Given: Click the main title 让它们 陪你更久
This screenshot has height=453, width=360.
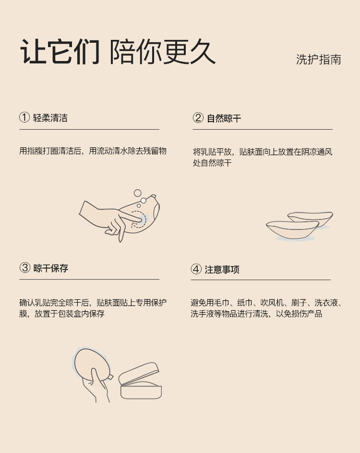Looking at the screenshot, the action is tap(118, 51).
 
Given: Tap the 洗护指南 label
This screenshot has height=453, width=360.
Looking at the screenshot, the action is tap(318, 60).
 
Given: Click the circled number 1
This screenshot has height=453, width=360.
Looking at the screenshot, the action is tap(24, 118).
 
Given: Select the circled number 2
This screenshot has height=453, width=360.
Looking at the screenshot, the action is tap(198, 118).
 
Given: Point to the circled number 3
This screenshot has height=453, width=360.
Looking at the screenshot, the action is tap(25, 268).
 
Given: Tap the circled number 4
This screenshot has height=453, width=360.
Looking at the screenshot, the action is tap(196, 269).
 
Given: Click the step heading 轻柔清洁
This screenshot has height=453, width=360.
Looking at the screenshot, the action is tap(50, 118).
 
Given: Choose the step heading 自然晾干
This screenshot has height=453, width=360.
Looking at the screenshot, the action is tap(224, 118).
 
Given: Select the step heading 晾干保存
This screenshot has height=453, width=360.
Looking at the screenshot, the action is tap(51, 268).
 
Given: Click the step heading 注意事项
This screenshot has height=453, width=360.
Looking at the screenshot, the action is tap(222, 269).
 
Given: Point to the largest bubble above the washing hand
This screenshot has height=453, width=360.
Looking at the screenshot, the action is tap(137, 193).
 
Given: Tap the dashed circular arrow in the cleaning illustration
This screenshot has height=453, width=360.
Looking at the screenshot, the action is tap(138, 220).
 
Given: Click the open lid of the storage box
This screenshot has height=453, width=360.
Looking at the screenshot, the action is tap(139, 374).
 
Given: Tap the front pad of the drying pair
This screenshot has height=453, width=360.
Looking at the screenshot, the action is tap(292, 230).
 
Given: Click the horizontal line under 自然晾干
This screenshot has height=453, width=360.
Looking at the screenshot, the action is tap(263, 129).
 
